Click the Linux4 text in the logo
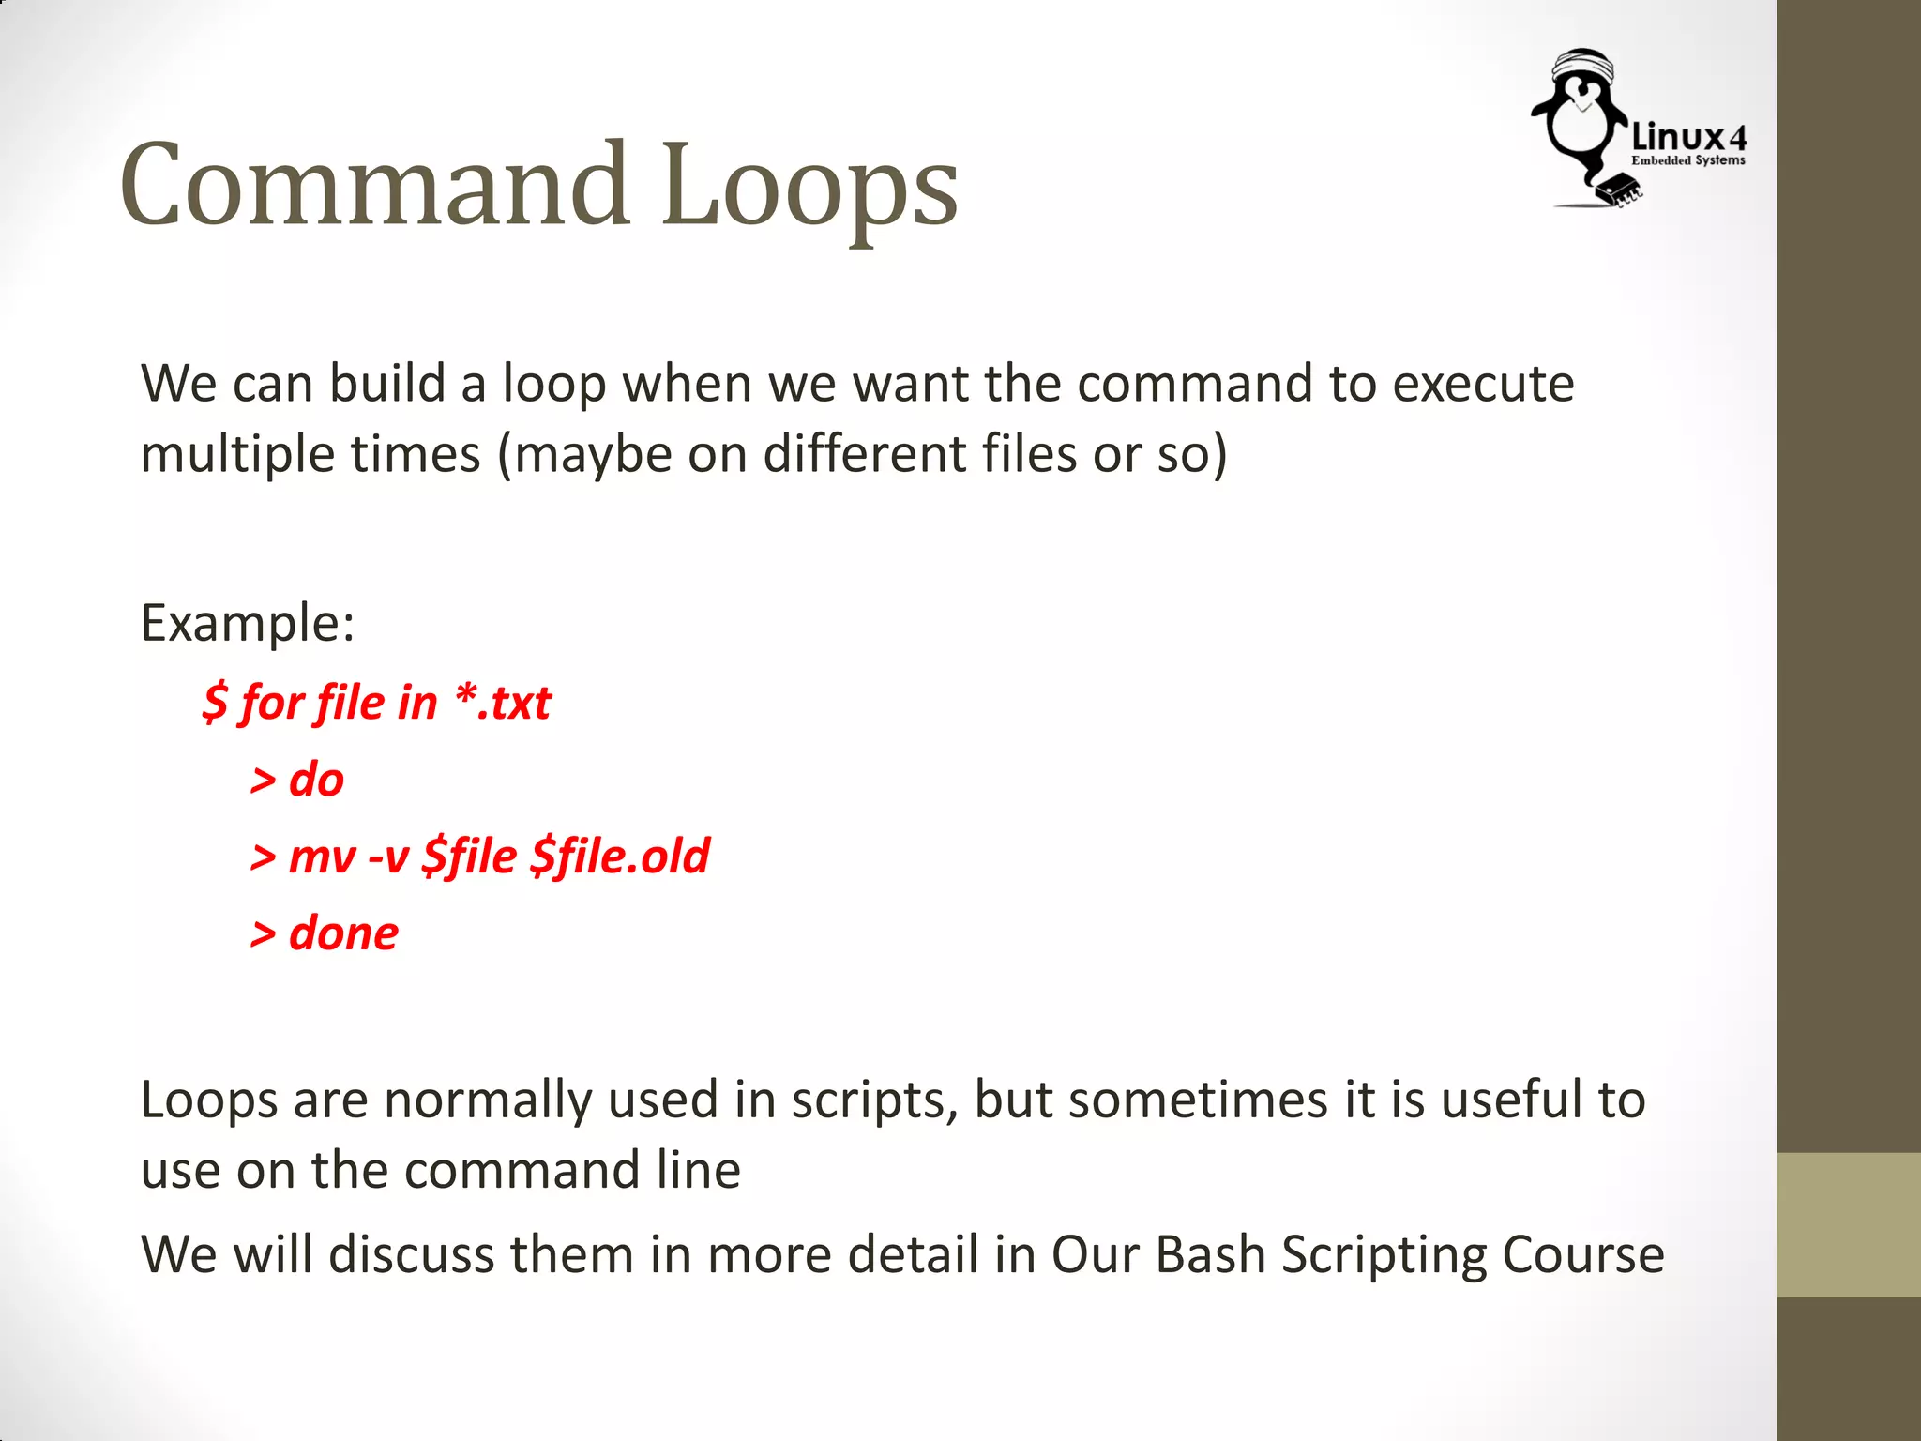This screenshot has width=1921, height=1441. pos(1688,138)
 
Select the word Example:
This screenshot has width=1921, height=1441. pos(248,623)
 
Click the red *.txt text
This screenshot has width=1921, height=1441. pos(504,703)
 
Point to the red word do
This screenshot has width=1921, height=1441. pos(316,780)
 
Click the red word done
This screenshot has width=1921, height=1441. pos(343,933)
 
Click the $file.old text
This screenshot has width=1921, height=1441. pos(620,857)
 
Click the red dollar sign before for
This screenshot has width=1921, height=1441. pos(215,703)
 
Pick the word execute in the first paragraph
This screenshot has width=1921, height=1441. pos(1482,384)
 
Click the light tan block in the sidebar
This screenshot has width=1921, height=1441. pos(1848,1224)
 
